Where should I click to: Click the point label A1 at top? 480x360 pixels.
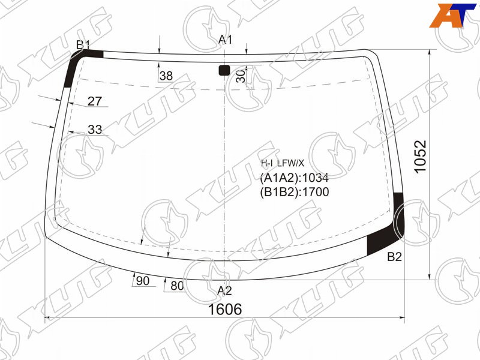(225, 40)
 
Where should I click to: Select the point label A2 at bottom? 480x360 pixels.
(224, 290)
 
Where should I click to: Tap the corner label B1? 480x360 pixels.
(83, 45)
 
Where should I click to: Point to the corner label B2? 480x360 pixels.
(394, 257)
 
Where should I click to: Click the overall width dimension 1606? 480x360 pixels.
(225, 310)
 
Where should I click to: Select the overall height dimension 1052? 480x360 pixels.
(421, 157)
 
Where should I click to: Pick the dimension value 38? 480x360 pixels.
(166, 76)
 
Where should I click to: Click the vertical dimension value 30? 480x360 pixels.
(241, 76)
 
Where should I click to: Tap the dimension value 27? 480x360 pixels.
(95, 101)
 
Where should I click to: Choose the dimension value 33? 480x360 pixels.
(95, 130)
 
